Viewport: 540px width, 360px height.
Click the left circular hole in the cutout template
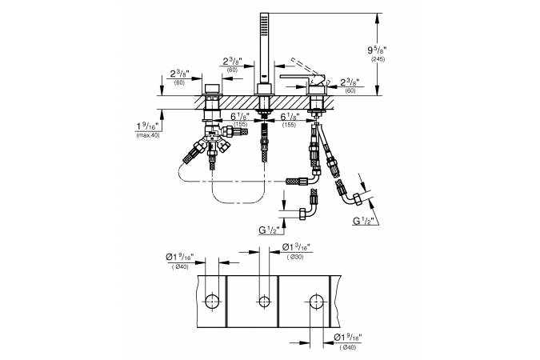click(x=211, y=301)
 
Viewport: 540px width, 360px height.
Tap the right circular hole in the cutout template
click(x=317, y=301)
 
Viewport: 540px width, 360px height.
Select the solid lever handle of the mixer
click(x=302, y=77)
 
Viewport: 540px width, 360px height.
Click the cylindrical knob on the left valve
click(x=211, y=89)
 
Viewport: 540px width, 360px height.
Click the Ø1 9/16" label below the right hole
click(x=350, y=338)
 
